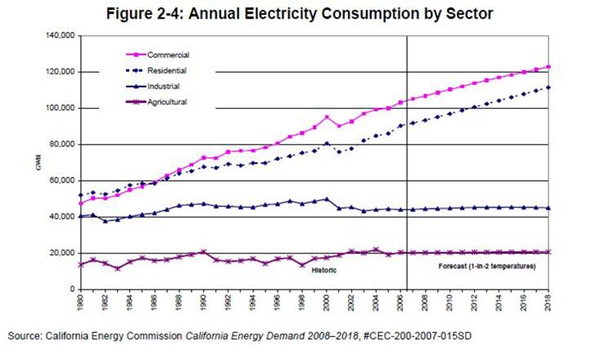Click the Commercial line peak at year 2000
(328, 117)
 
